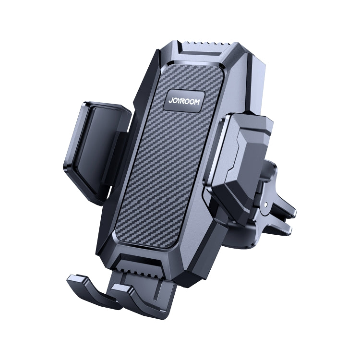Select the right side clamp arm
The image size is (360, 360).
[242, 154]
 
